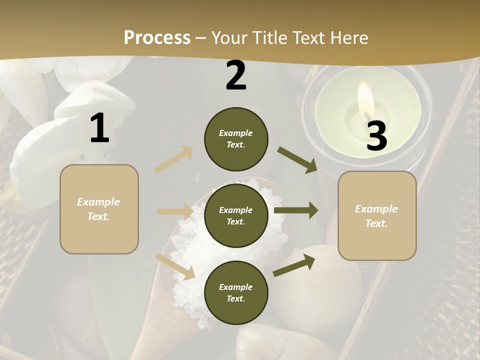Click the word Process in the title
click(157, 37)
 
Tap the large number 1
click(99, 128)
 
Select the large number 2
click(236, 75)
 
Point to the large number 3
click(376, 136)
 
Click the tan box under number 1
click(99, 209)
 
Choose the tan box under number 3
click(377, 215)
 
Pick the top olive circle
click(236, 139)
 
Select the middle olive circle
click(236, 215)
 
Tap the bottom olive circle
click(236, 292)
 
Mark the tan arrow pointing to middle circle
click(175, 211)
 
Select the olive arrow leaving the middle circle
click(296, 210)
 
